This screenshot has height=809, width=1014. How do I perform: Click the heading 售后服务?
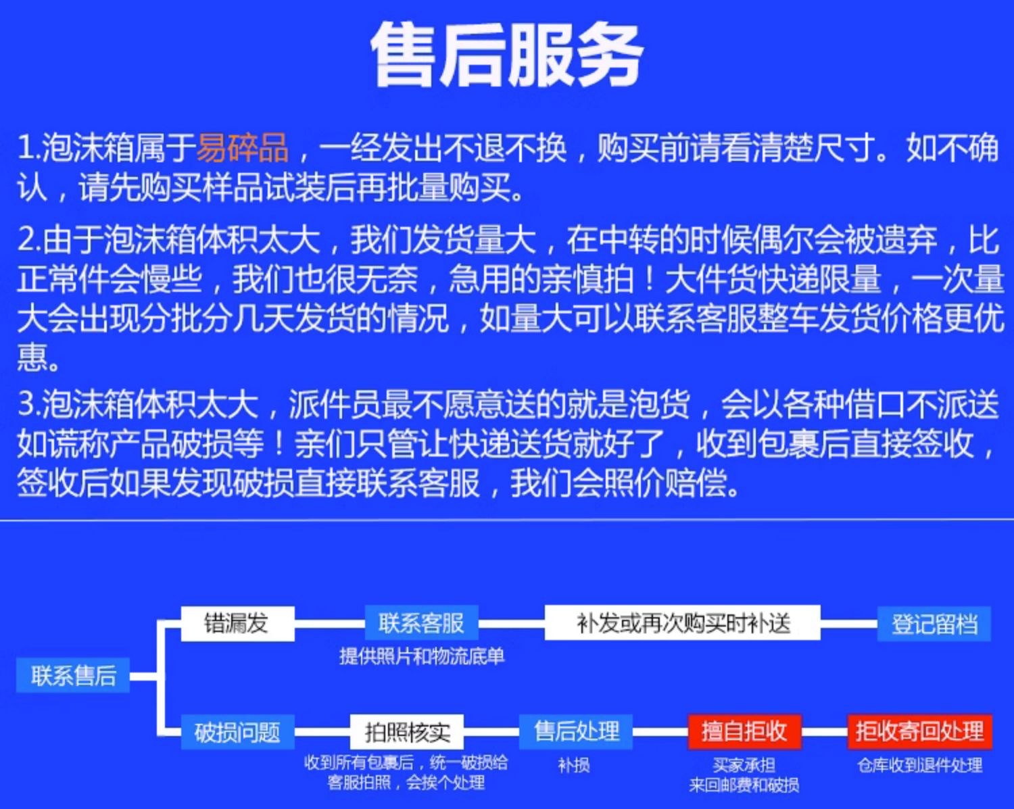pyautogui.click(x=507, y=55)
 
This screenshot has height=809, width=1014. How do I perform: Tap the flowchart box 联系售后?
pyautogui.click(x=73, y=675)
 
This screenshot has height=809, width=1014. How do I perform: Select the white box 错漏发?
pyautogui.click(x=238, y=623)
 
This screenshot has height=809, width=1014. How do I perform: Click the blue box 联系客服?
pyautogui.click(x=422, y=623)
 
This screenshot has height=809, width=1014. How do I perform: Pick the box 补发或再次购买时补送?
pyautogui.click(x=683, y=623)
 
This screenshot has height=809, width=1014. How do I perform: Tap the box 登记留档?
pyautogui.click(x=934, y=624)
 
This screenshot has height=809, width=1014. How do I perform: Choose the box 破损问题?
pyautogui.click(x=238, y=732)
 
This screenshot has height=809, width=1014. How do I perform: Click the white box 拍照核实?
pyautogui.click(x=407, y=732)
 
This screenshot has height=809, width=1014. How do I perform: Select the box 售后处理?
pyautogui.click(x=576, y=732)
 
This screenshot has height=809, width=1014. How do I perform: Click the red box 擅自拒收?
pyautogui.click(x=744, y=732)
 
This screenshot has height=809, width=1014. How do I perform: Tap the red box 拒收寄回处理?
pyautogui.click(x=920, y=732)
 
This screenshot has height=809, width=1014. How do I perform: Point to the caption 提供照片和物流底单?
pyautogui.click(x=422, y=656)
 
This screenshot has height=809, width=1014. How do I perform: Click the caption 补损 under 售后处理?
pyautogui.click(x=574, y=765)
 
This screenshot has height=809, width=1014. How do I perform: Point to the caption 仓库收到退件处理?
pyautogui.click(x=920, y=765)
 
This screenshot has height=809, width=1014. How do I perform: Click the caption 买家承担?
pyautogui.click(x=744, y=765)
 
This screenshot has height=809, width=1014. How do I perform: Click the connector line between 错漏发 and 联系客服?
pyautogui.click(x=330, y=624)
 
